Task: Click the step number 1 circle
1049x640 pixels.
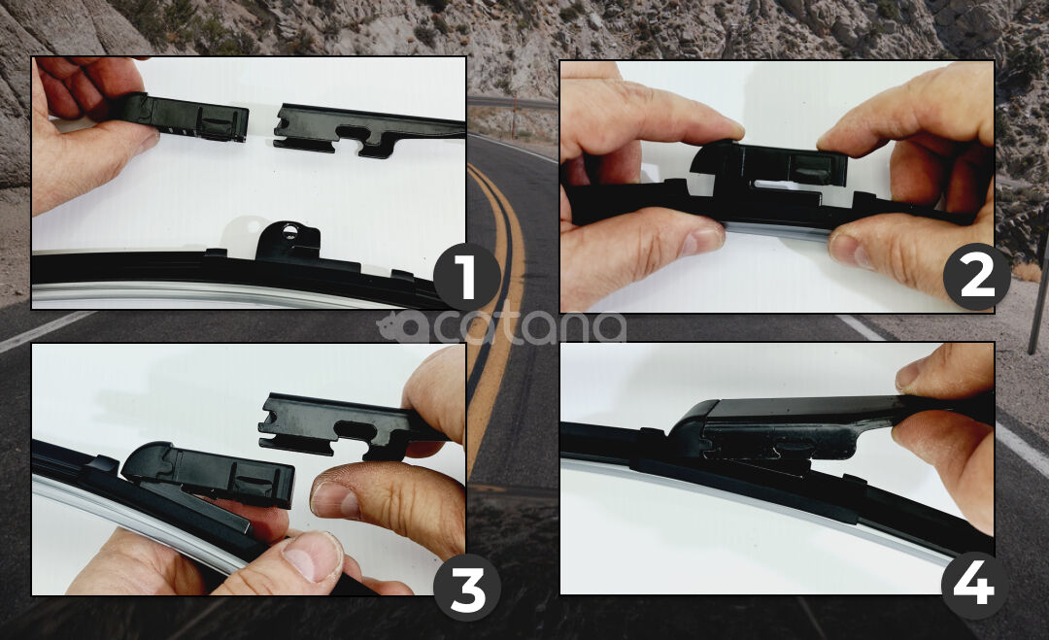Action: (466, 278)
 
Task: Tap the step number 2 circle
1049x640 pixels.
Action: (976, 276)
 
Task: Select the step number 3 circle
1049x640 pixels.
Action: (467, 588)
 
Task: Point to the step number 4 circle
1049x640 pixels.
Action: (974, 586)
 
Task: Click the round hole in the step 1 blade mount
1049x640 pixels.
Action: (289, 231)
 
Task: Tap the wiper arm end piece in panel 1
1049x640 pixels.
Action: (369, 130)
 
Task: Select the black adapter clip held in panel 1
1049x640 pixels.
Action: (187, 118)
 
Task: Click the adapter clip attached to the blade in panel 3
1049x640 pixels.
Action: (209, 473)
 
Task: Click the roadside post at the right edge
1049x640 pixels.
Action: (1038, 294)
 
